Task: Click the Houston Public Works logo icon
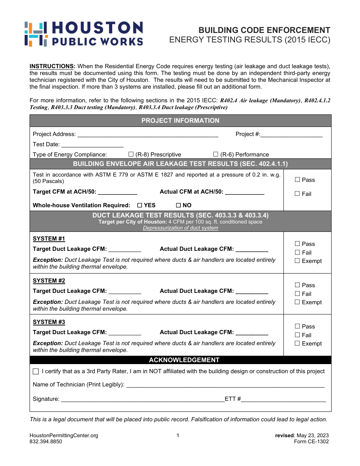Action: tap(36, 34)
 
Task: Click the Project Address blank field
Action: tap(147, 134)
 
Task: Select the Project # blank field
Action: tap(291, 134)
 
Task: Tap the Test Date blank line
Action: tap(92, 144)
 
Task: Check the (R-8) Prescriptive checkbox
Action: tap(131, 154)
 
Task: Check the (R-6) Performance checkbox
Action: tap(216, 154)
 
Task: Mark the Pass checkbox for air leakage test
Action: tap(297, 180)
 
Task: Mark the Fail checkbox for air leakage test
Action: tap(297, 194)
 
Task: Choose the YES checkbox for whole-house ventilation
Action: tap(139, 205)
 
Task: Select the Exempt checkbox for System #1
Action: tap(297, 261)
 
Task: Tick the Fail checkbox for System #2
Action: tap(297, 294)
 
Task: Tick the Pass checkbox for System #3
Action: tap(297, 326)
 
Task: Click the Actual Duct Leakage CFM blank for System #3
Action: tap(252, 333)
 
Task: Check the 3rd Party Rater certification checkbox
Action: tap(36, 371)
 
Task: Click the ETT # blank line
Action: tap(283, 399)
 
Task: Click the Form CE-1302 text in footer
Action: tap(311, 441)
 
